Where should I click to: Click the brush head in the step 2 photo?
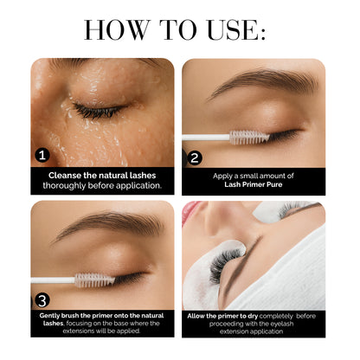point(245,135)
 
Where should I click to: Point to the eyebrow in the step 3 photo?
point(112,228)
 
